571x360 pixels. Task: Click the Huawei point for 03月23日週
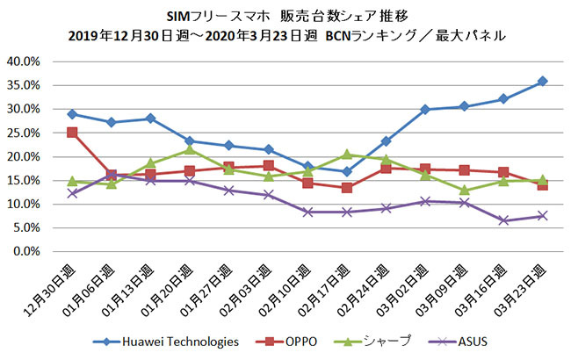tap(542, 81)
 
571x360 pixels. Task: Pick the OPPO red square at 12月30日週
tap(72, 133)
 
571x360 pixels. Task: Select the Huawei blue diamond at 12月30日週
tap(72, 114)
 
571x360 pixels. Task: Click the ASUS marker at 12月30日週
tap(72, 193)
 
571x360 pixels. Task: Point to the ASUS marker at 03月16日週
tap(502, 220)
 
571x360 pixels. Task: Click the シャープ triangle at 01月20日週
tap(189, 149)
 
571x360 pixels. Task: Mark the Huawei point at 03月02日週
tap(424, 110)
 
